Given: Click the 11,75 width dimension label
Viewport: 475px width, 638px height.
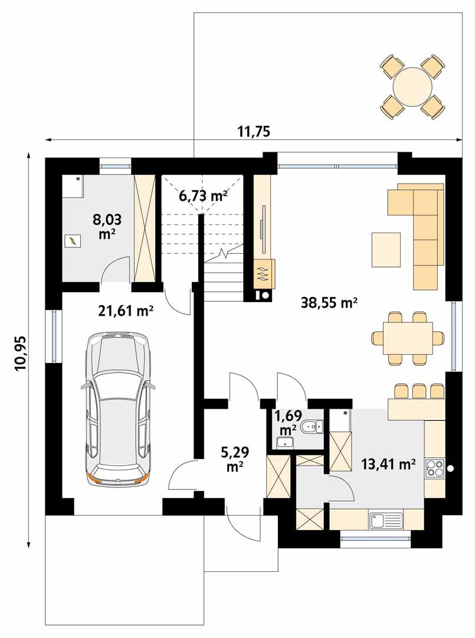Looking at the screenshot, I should [253, 131].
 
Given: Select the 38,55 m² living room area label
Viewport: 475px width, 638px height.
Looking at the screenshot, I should [329, 303].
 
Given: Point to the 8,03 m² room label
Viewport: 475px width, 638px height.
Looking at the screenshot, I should [107, 226].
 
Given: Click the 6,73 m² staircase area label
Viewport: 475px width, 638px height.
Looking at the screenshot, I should [204, 196].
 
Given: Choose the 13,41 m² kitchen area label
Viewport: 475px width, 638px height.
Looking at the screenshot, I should [389, 464].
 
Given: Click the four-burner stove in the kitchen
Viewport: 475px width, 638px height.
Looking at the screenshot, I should [435, 467].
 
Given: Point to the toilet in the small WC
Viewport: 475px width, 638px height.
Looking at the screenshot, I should [311, 426].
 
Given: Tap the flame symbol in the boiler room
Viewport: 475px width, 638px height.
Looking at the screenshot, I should [72, 241].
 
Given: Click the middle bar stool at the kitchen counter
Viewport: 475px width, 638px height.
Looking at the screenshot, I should [420, 390].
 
